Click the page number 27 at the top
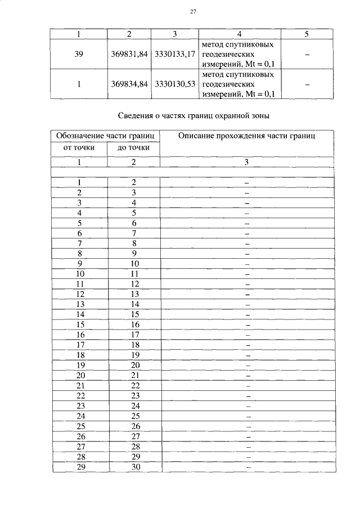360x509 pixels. [192, 11]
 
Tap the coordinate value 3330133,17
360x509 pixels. [175, 54]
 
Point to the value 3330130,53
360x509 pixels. [175, 84]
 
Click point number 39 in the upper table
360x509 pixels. [79, 54]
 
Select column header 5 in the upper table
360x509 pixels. [306, 34]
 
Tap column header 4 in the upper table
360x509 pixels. [240, 34]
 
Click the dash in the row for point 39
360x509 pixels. [306, 54]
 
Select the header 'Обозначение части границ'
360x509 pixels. [106, 136]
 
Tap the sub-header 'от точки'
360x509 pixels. [79, 148]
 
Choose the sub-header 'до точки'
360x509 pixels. [133, 148]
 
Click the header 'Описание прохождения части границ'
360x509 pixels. [246, 136]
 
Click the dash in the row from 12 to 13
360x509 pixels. [247, 294]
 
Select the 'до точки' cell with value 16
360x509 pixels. [134, 325]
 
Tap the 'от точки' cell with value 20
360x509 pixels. [80, 375]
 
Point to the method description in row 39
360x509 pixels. [238, 54]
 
